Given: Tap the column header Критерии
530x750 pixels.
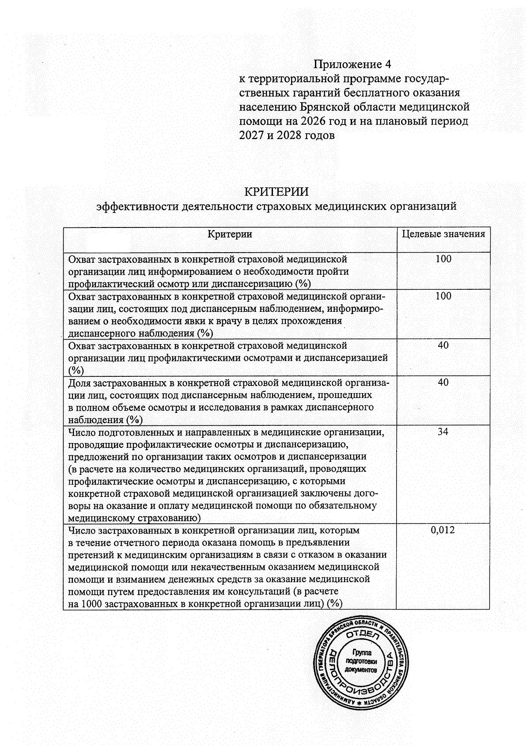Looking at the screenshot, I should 230,235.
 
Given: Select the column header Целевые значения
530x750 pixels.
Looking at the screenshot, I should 443,234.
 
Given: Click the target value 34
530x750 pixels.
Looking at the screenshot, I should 443,432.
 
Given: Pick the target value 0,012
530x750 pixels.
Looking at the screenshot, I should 443,530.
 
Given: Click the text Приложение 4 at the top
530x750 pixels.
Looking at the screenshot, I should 352,64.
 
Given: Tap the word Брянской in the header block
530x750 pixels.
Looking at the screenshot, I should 326,107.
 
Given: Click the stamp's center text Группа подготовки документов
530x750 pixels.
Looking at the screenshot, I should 362,661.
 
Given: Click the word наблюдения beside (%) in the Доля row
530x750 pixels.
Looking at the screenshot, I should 96,420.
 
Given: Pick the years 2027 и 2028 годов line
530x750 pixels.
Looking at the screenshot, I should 287,135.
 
